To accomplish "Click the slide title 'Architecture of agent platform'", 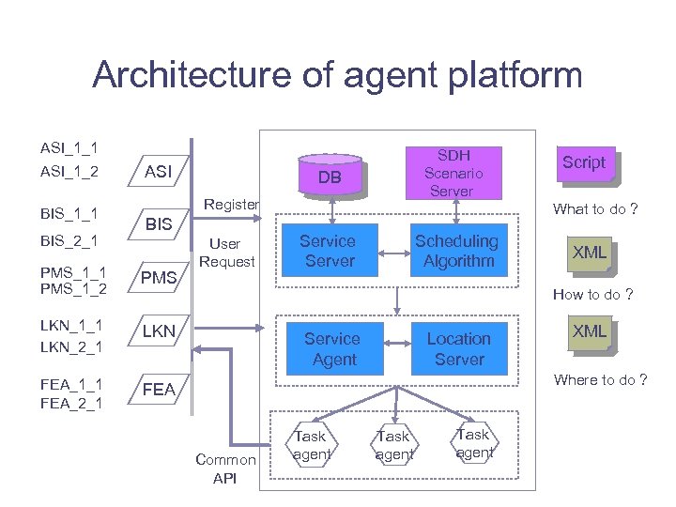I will coord(337,75).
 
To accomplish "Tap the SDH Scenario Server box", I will coord(453,173).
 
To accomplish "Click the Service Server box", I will coord(328,251).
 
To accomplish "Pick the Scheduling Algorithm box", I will coord(457,251).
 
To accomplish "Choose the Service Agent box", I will coord(332,348).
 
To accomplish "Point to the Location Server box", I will coord(458,348).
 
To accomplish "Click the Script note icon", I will coord(583,162).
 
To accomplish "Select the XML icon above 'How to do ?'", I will coord(590,253).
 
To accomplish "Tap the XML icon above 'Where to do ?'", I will coord(590,332).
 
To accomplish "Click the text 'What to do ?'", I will coord(593,209).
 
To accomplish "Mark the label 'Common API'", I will coord(224,469).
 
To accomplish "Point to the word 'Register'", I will coord(231,204).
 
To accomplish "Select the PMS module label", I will coord(159,278).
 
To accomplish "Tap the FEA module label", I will coord(159,389).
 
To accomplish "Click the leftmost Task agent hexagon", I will coord(311,445).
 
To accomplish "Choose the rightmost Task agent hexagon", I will coord(473,443).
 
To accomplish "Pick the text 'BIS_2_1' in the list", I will coord(69,241).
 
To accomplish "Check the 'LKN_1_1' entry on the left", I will coord(70,326).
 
